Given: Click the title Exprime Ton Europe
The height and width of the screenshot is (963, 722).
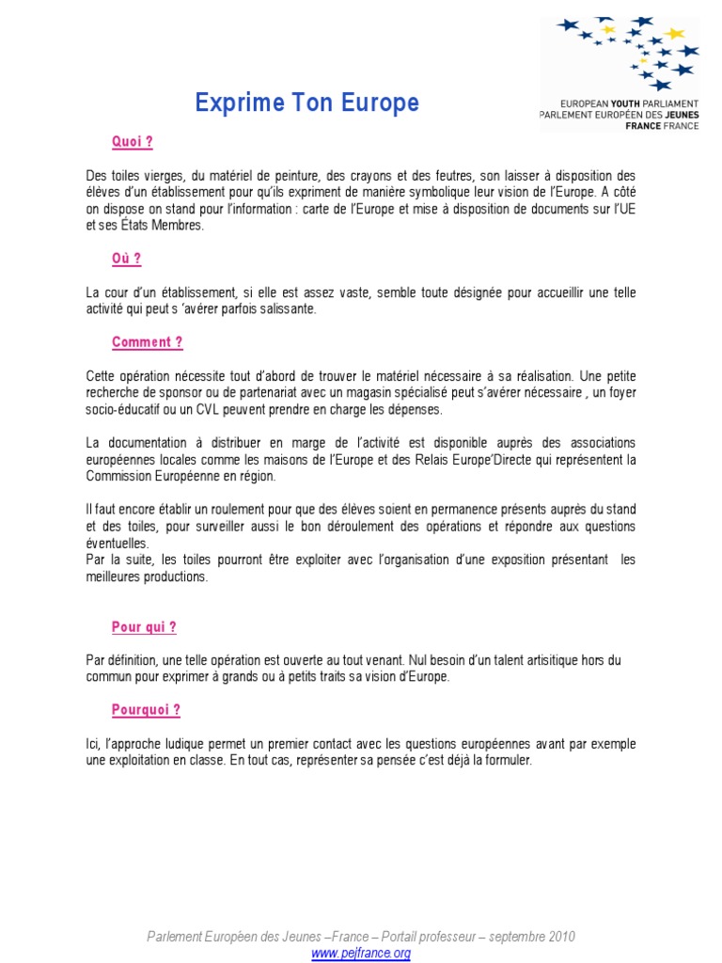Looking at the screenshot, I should [307, 103].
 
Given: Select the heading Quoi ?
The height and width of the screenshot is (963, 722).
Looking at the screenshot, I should [132, 142].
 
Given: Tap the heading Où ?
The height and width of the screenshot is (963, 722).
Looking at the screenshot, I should [126, 259].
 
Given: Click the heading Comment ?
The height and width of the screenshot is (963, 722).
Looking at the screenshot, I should [147, 342].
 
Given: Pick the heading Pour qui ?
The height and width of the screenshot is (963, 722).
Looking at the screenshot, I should [144, 627].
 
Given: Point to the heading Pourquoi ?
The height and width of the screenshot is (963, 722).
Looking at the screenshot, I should [146, 710].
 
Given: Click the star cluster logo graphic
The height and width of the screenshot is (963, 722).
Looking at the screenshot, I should [628, 52].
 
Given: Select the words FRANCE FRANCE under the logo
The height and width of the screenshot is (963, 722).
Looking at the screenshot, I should [662, 125].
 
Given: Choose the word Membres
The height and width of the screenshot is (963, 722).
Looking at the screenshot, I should [179, 226].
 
